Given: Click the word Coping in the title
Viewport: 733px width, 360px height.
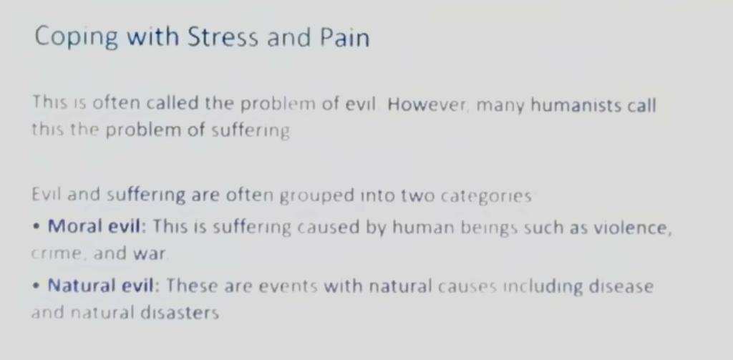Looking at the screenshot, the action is pyautogui.click(x=76, y=37).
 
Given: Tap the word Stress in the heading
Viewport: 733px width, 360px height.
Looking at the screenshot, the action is pyautogui.click(x=223, y=37).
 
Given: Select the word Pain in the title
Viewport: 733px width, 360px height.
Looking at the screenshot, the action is pyautogui.click(x=345, y=37).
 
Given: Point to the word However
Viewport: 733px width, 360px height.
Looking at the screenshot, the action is pyautogui.click(x=427, y=104).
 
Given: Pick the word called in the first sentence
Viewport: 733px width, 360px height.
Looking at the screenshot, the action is pyautogui.click(x=173, y=102).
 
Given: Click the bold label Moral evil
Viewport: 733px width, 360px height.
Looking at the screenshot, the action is pyautogui.click(x=94, y=226).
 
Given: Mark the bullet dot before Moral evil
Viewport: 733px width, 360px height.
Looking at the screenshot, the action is pyautogui.click(x=37, y=227).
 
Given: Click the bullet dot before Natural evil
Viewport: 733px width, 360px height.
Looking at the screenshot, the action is pyautogui.click(x=37, y=286).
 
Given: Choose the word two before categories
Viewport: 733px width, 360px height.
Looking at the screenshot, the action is pyautogui.click(x=418, y=195).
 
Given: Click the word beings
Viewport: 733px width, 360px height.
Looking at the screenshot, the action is pyautogui.click(x=489, y=228).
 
